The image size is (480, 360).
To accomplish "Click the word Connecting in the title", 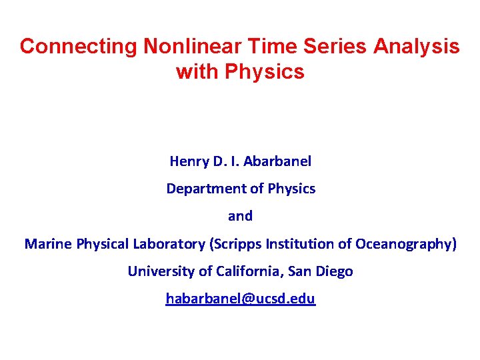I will pyautogui.click(x=78, y=46).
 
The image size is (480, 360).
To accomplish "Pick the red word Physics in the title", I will pyautogui.click(x=265, y=71).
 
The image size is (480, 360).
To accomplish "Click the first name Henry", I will pyautogui.click(x=189, y=161).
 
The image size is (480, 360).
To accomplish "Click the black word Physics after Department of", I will pyautogui.click(x=291, y=189).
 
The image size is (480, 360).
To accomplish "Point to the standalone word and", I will pyautogui.click(x=241, y=216).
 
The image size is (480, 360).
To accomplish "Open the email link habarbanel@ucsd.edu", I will pyautogui.click(x=241, y=299).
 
